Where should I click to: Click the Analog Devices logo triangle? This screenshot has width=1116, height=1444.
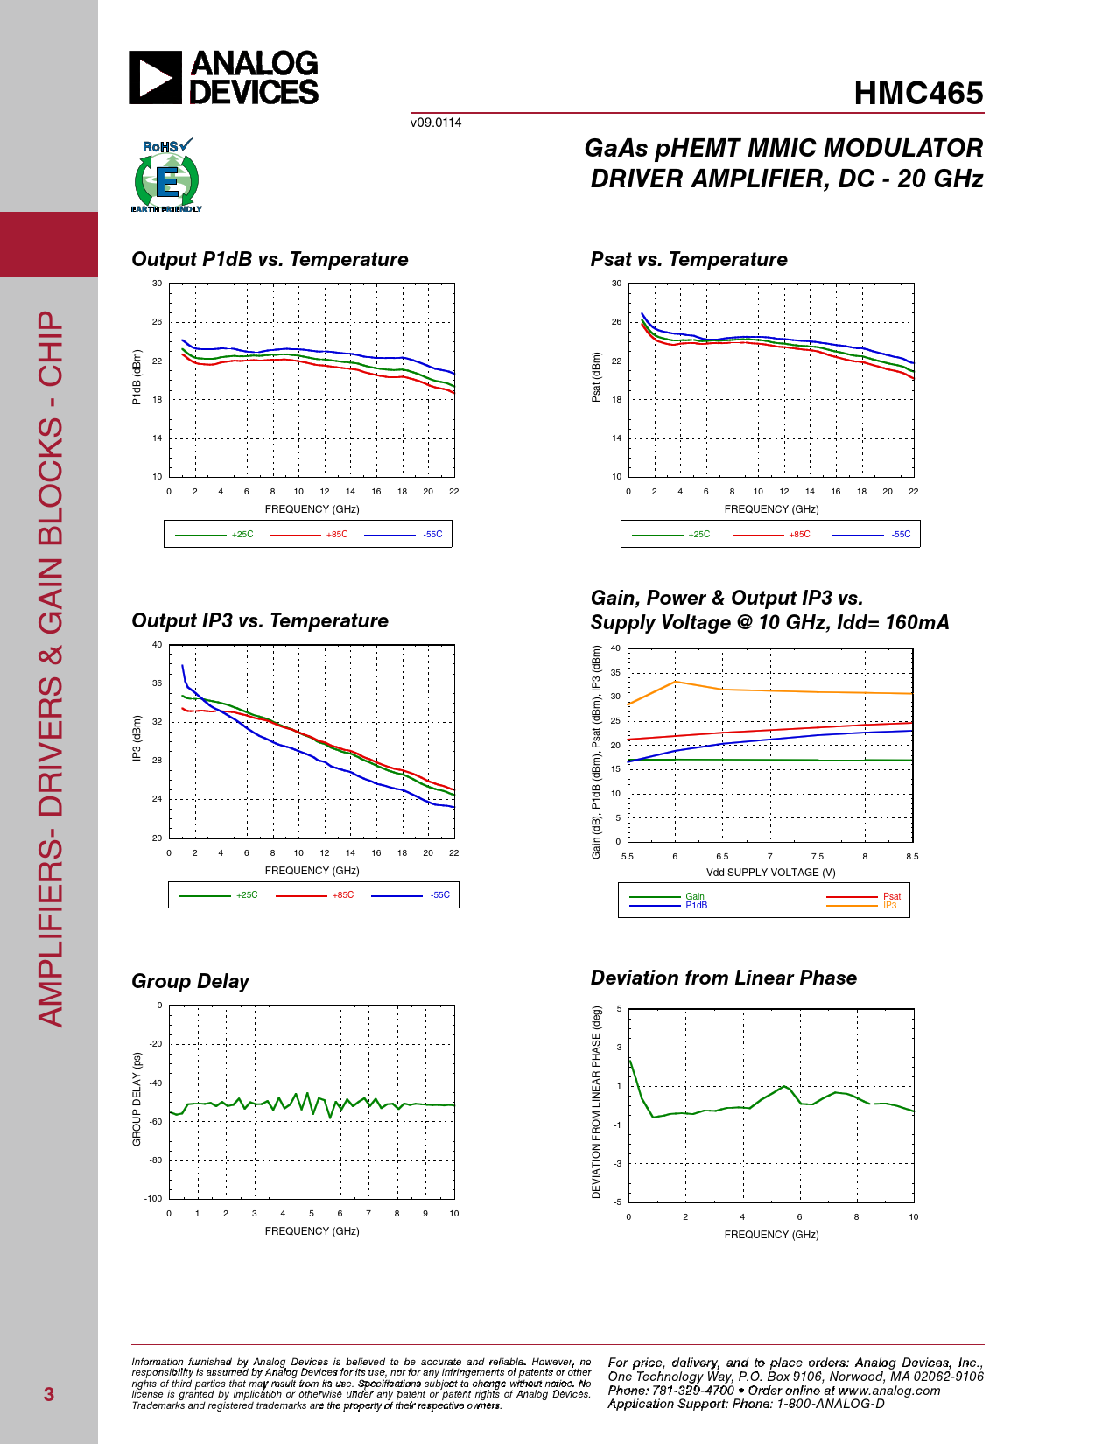pyautogui.click(x=155, y=77)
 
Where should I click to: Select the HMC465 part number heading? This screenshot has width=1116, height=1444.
pyautogui.click(x=918, y=94)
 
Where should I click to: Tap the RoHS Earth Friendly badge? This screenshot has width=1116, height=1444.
pyautogui.click(x=166, y=176)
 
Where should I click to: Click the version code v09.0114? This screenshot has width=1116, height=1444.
pyautogui.click(x=436, y=123)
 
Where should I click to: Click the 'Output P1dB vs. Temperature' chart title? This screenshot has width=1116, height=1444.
pyautogui.click(x=270, y=260)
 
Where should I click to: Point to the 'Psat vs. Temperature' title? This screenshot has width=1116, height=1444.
pyautogui.click(x=689, y=260)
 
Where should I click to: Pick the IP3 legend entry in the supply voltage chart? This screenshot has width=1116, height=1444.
pyautogui.click(x=889, y=906)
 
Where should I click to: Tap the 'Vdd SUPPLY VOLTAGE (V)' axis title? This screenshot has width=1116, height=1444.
pyautogui.click(x=770, y=873)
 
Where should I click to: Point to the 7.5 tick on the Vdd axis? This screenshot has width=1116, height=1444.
pyautogui.click(x=817, y=857)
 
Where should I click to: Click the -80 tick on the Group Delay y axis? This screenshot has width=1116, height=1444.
pyautogui.click(x=155, y=1160)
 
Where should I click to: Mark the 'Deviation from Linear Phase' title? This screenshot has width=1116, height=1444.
pyautogui.click(x=723, y=978)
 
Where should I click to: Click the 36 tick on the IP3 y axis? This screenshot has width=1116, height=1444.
pyautogui.click(x=157, y=683)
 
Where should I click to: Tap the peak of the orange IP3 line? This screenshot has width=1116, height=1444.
pyautogui.click(x=675, y=682)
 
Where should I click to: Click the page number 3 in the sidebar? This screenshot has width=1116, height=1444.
pyautogui.click(x=49, y=1394)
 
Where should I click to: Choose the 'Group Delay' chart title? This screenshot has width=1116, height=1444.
pyautogui.click(x=190, y=982)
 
